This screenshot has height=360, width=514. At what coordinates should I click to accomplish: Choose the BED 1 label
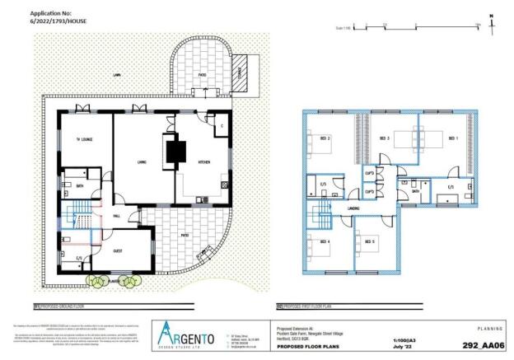tap(451, 138)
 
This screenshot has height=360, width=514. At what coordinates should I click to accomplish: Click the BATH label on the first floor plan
tap(416, 189)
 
